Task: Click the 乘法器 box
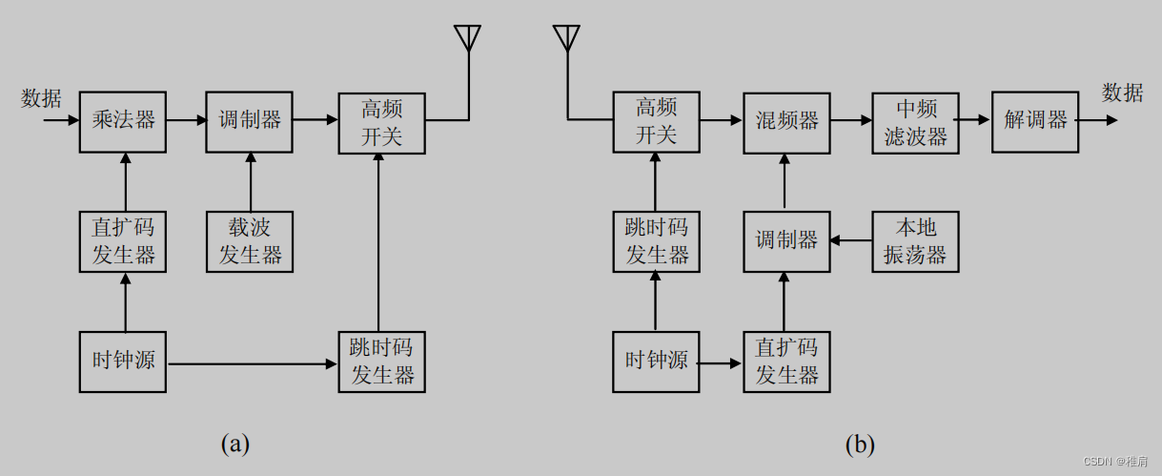123,121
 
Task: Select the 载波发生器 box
250,241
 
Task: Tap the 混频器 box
786,121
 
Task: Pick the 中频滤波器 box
915,121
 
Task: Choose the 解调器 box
1034,121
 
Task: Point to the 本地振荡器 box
915,241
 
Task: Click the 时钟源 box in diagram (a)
123,362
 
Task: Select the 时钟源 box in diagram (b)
656,362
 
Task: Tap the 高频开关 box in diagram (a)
381,121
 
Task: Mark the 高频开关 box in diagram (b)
656,121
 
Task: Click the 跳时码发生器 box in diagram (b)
656,241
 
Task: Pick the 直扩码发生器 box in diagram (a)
123,241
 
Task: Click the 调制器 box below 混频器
786,241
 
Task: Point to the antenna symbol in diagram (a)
467,38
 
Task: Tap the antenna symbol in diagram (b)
566,38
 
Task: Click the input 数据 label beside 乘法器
41,97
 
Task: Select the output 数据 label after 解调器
1122,93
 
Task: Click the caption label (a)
234,444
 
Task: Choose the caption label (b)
859,444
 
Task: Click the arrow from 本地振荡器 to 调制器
850,241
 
